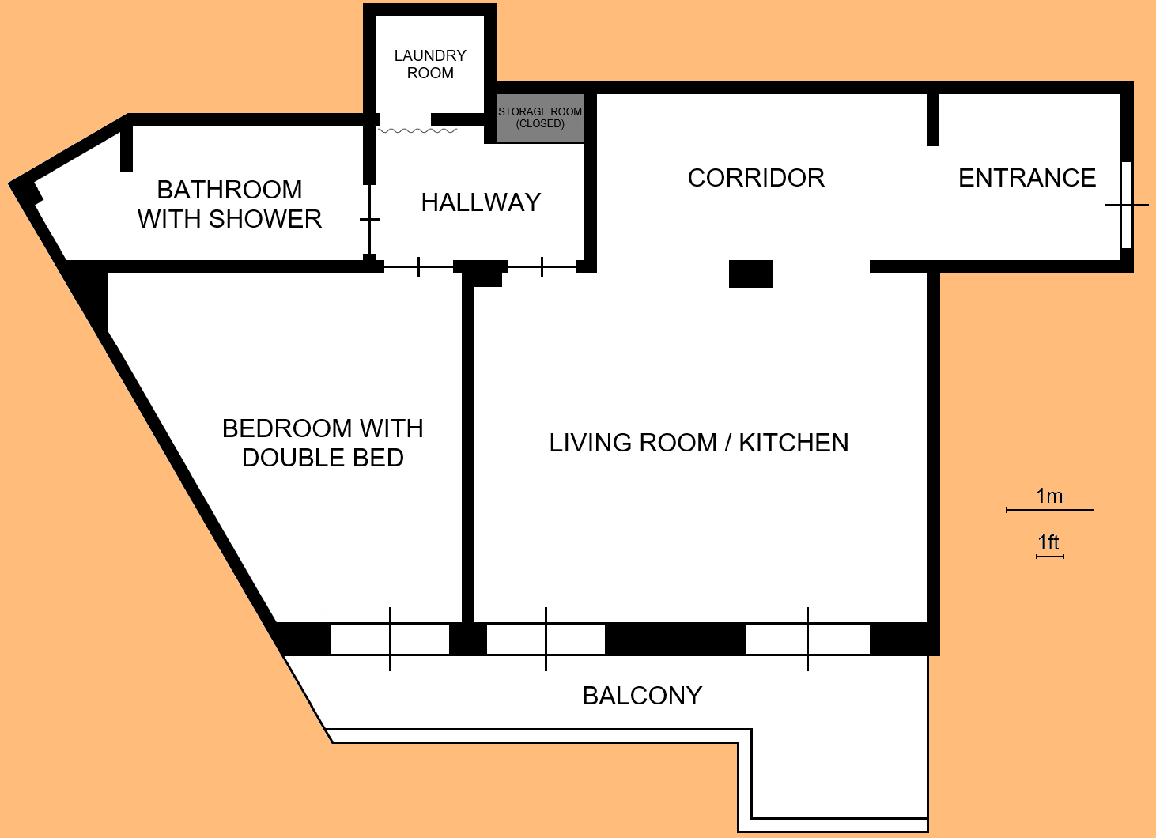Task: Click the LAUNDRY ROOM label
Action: (430, 64)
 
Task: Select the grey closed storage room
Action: (540, 119)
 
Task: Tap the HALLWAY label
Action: (481, 202)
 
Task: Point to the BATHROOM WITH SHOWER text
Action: (229, 204)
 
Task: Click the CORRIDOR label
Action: (756, 178)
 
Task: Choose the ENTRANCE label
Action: (1026, 178)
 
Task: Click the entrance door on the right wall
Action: (1126, 205)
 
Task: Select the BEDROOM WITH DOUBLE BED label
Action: (323, 443)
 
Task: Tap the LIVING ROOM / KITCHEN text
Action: (699, 443)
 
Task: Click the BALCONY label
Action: (642, 696)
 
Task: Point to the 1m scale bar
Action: (1049, 510)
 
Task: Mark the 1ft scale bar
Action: (1049, 557)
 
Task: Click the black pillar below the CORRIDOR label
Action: (750, 274)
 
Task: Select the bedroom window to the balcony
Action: (390, 639)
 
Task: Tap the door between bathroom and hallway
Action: (369, 219)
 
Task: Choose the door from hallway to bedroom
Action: (418, 266)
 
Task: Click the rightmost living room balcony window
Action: (807, 639)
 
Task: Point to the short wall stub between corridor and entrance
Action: (933, 119)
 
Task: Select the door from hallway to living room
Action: (542, 266)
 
